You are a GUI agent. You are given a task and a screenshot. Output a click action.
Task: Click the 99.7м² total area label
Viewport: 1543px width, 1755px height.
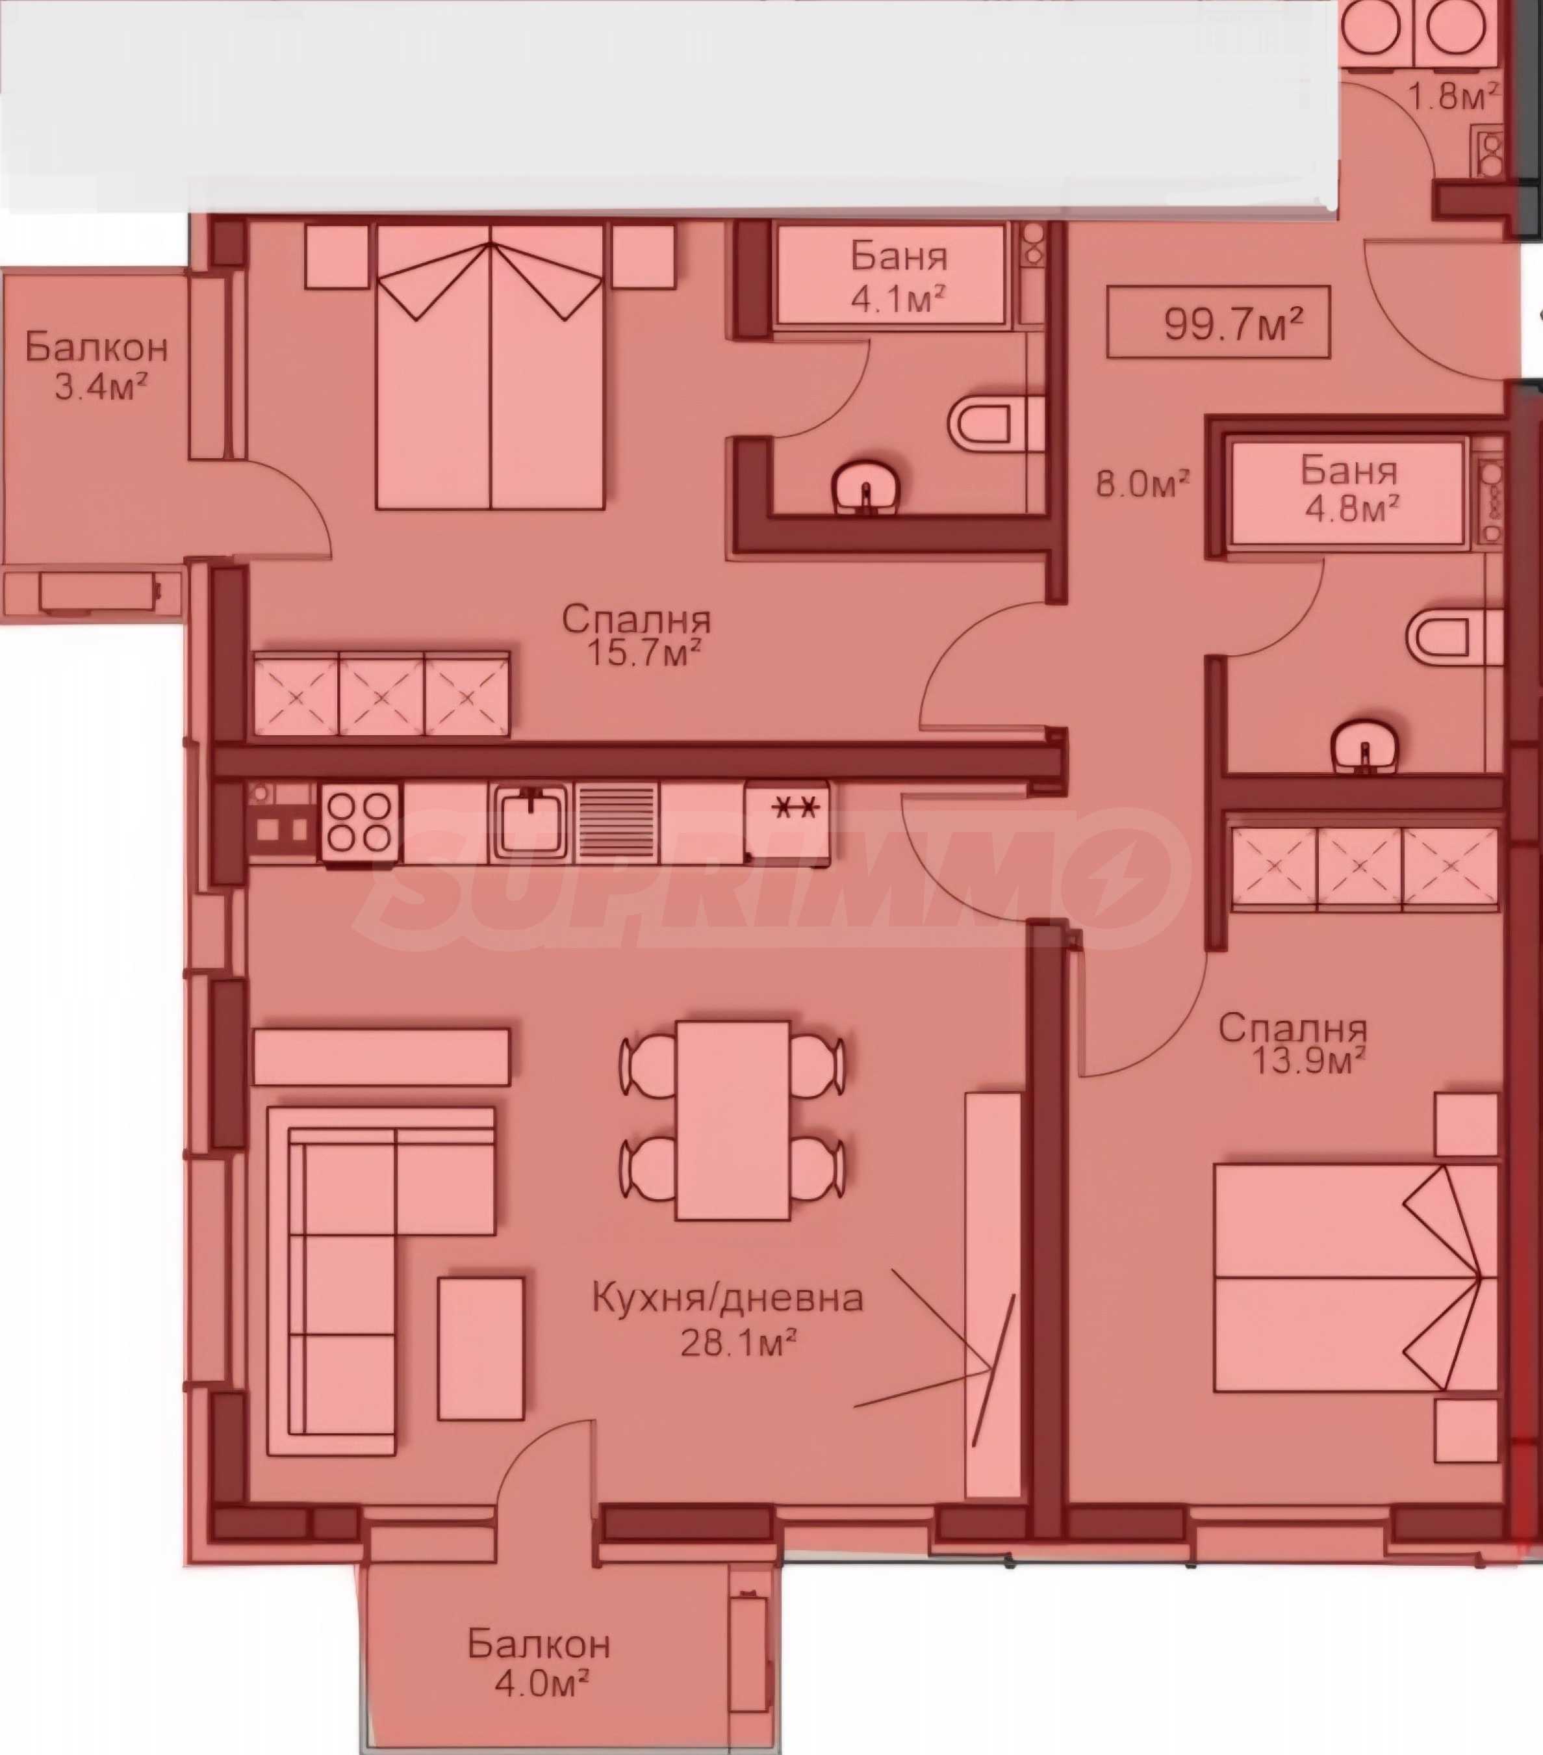pos(1233,324)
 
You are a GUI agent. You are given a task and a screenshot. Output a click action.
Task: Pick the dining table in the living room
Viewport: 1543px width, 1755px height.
pos(733,1121)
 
